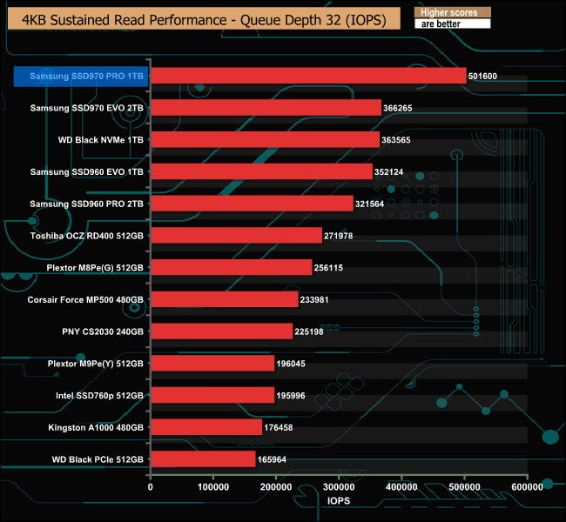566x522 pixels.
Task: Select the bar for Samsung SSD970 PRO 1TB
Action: tap(308, 77)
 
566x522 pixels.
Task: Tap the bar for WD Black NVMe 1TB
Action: tap(265, 140)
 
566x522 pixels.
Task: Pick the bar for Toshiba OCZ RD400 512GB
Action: tap(236, 236)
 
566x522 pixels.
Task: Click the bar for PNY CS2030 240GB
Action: tap(221, 331)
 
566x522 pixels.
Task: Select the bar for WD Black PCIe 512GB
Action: tap(203, 458)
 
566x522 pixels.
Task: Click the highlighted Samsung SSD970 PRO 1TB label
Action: tap(80, 77)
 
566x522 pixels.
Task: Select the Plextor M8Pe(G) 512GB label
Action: tap(91, 267)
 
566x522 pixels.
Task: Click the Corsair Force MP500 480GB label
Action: tap(86, 299)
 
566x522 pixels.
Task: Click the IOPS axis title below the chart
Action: tap(339, 502)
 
